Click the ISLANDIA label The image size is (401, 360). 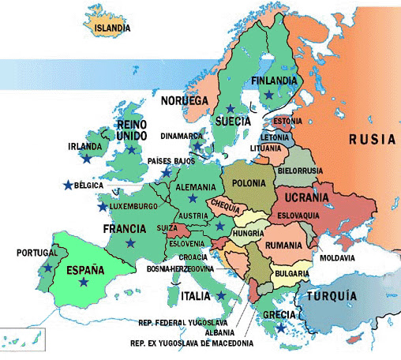112,29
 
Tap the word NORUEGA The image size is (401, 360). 184,101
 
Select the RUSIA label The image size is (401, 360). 372,139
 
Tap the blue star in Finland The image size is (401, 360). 269,95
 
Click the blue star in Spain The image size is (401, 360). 84,282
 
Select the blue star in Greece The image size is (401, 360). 282,328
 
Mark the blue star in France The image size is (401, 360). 129,242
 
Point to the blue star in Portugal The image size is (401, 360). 48,268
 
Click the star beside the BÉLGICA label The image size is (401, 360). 66,186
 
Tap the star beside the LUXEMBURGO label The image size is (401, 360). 102,207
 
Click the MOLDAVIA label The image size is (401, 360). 336,258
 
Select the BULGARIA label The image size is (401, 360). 291,274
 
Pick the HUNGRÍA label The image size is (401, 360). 249,234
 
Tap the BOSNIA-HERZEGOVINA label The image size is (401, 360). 181,269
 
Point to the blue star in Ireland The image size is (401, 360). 85,159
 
